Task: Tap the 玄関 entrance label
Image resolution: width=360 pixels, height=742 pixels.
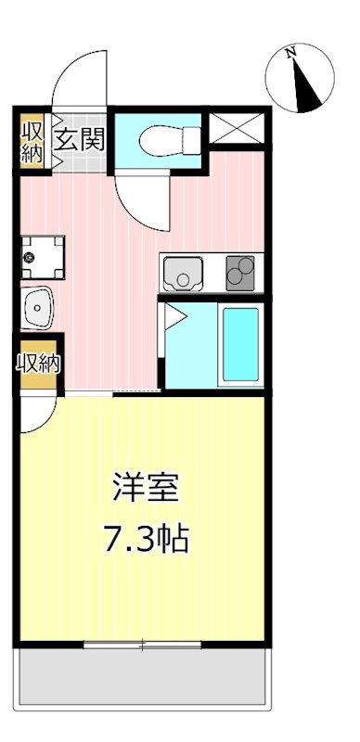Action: pos(81,141)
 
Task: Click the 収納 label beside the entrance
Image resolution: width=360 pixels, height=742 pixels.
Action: pos(32,140)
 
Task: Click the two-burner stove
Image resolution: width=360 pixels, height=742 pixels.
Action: pos(239,272)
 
